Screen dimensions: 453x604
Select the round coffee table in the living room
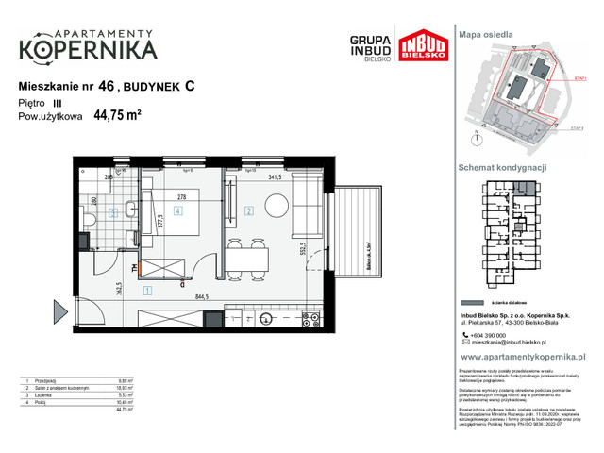point(277,206)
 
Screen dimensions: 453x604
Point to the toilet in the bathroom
point(87,221)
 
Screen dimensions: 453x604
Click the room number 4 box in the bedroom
point(177,211)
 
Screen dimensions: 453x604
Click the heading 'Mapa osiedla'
point(486,33)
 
